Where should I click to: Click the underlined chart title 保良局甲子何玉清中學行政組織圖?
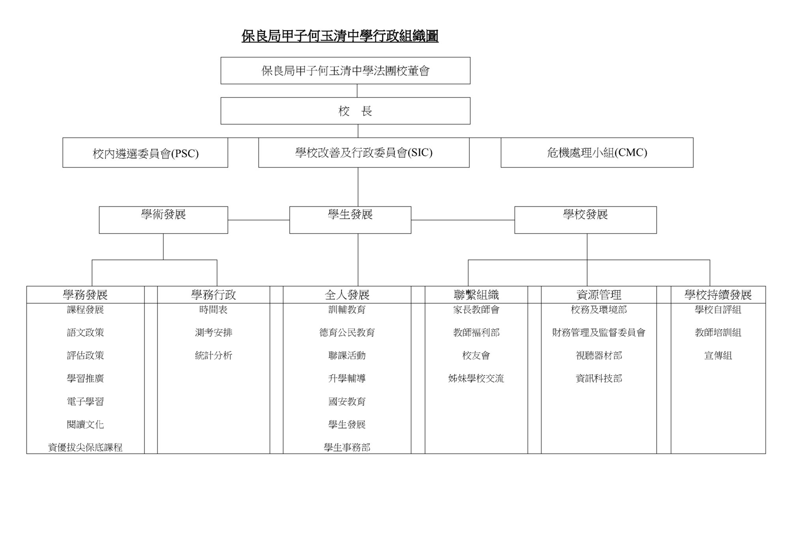pyautogui.click(x=340, y=36)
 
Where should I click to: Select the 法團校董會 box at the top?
pyautogui.click(x=345, y=71)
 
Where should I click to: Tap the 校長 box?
pyautogui.click(x=345, y=111)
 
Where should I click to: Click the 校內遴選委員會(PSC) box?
pyautogui.click(x=145, y=153)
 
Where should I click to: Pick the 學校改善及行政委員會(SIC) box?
pyautogui.click(x=364, y=153)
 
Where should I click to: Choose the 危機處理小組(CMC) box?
pyautogui.click(x=597, y=153)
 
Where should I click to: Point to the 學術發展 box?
pyautogui.click(x=163, y=220)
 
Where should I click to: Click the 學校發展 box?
pyautogui.click(x=585, y=220)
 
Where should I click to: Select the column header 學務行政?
pyautogui.click(x=213, y=295)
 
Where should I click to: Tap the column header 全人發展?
pyautogui.click(x=347, y=295)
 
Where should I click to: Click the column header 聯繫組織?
pyautogui.click(x=476, y=295)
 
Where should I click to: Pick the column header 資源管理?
pyautogui.click(x=599, y=295)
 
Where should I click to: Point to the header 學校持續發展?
pyautogui.click(x=718, y=295)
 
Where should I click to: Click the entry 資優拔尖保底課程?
pyautogui.click(x=85, y=448)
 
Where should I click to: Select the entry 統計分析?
pyautogui.click(x=213, y=356)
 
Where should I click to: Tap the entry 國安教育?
pyautogui.click(x=347, y=402)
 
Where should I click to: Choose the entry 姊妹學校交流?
pyautogui.click(x=476, y=378)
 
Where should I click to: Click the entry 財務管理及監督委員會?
pyautogui.click(x=599, y=333)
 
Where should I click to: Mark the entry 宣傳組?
pyautogui.click(x=718, y=356)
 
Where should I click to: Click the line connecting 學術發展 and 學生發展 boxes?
pyautogui.click(x=259, y=220)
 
